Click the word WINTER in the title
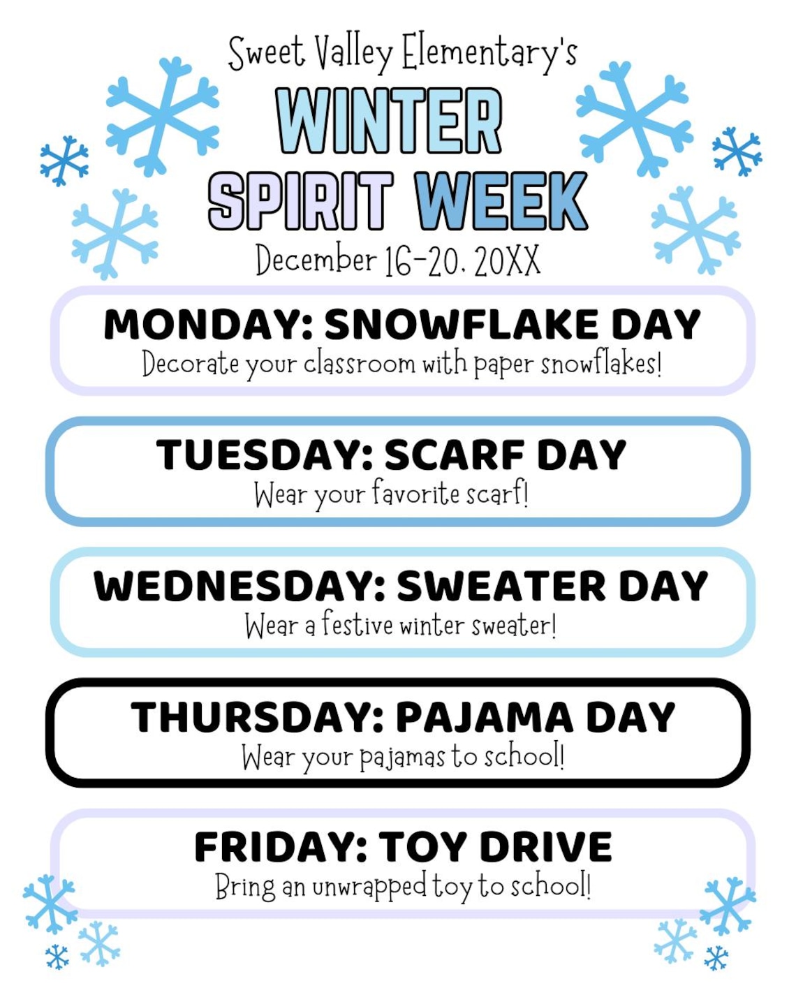(389, 121)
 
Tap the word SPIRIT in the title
(300, 200)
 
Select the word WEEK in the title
(501, 200)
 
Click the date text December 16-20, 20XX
(397, 260)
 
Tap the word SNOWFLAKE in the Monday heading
(462, 325)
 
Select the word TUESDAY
(265, 455)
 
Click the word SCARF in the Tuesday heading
(454, 455)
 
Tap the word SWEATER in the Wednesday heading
(501, 586)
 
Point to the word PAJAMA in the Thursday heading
(485, 717)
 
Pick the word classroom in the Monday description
(359, 364)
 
